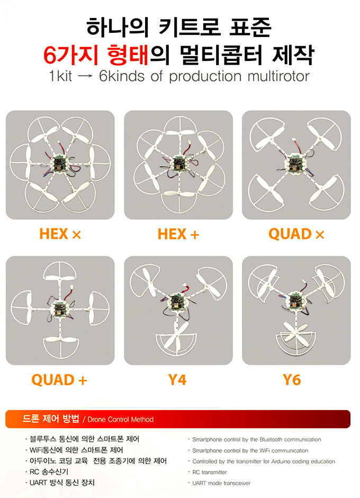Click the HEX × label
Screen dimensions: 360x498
(x=60, y=234)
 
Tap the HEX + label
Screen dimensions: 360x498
(x=178, y=234)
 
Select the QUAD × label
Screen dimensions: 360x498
(x=296, y=234)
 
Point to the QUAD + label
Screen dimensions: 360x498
(x=59, y=380)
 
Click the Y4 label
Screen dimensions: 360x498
(x=177, y=380)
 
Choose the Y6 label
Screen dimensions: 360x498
(x=292, y=380)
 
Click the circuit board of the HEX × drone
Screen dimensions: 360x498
(x=59, y=164)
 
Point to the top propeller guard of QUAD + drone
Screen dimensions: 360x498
(x=60, y=271)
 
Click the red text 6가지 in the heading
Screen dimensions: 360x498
(x=71, y=55)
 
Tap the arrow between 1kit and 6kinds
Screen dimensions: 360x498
(x=85, y=76)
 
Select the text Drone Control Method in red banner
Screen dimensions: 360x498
(x=120, y=420)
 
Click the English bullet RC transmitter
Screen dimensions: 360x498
(x=210, y=472)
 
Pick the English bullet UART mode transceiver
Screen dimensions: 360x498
(x=221, y=483)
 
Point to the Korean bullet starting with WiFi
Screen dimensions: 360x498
(x=76, y=450)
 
